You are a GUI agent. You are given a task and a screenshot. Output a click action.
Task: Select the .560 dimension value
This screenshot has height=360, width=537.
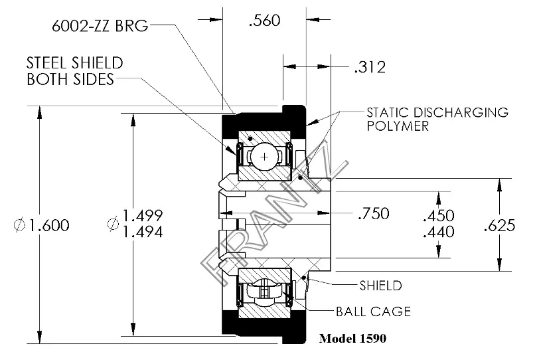264,21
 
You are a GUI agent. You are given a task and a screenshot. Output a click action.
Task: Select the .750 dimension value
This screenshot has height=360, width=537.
372,214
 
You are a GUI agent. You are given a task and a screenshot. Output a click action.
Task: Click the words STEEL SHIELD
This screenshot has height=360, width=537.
74,64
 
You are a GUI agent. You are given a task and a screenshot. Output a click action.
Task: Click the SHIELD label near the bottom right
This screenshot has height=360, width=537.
380,286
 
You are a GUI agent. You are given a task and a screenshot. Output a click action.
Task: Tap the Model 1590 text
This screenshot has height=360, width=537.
352,337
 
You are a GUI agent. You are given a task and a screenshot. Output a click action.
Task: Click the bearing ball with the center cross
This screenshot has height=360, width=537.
266,157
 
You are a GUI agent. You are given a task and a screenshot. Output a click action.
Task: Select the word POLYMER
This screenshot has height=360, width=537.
398,126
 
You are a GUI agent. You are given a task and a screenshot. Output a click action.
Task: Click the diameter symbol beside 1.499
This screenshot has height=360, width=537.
113,224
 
